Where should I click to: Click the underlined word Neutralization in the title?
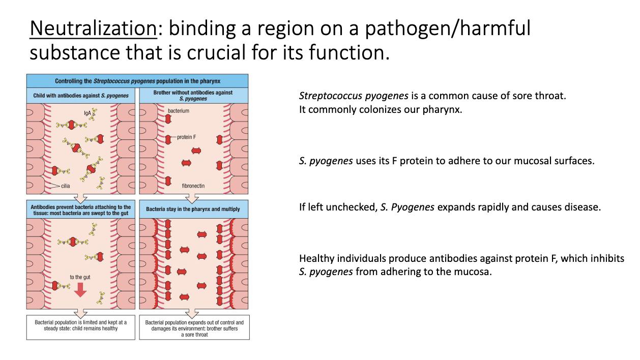tap(93, 28)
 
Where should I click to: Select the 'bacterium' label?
tap(178, 110)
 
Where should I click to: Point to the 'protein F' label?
tap(188, 137)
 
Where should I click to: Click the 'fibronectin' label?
tap(193, 186)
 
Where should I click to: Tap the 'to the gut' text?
tap(80, 277)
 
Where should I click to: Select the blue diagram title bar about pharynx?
tap(137, 81)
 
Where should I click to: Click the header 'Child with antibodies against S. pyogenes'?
tap(81, 96)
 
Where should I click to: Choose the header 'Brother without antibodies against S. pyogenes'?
tap(193, 96)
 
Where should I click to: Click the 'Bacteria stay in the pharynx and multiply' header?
tap(193, 209)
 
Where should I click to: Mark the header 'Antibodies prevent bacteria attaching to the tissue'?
tap(81, 209)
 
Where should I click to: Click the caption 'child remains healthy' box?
tap(81, 325)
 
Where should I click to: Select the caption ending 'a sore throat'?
tap(194, 328)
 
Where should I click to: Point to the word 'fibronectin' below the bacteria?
tap(193, 186)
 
